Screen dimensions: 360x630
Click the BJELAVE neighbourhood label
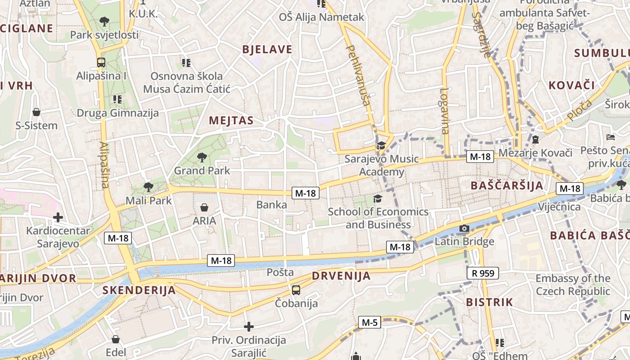[x=267, y=49]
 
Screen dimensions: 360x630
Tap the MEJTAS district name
[x=231, y=121]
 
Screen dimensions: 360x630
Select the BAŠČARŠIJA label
[x=507, y=185]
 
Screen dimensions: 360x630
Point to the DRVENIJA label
[x=341, y=276]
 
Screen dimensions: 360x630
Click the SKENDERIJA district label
[x=139, y=290]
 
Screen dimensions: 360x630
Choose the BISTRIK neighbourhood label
[x=490, y=302]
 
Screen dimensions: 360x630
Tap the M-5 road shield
[x=369, y=322]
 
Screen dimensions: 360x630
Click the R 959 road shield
[x=483, y=273]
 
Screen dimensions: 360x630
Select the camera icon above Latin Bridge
[x=464, y=229]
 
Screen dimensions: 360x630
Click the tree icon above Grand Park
[x=202, y=157]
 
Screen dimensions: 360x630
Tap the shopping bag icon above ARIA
[x=204, y=207]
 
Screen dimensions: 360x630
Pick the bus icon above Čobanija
[x=296, y=290]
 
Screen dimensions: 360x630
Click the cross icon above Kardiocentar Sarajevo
[x=58, y=218]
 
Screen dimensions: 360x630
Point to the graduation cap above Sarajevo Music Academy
[x=381, y=145]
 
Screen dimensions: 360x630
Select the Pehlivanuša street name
[x=358, y=75]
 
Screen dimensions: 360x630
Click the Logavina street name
[x=445, y=111]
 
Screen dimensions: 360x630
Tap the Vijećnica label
[x=559, y=207]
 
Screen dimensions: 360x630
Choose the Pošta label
[x=280, y=272]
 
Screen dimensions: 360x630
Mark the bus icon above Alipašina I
[x=101, y=63]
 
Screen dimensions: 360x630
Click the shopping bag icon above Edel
[x=116, y=339]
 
